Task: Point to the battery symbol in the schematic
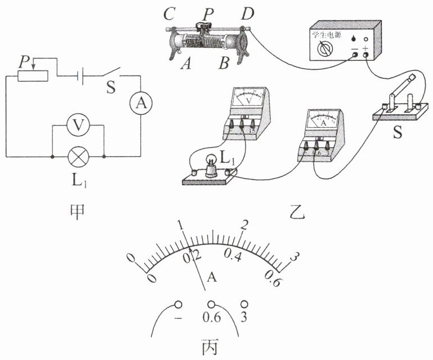pyautogui.click(x=81, y=76)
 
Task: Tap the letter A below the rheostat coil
pyautogui.click(x=184, y=65)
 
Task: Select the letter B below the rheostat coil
pyautogui.click(x=224, y=65)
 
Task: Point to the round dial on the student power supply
pyautogui.click(x=324, y=51)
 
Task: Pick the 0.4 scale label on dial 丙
pyautogui.click(x=233, y=256)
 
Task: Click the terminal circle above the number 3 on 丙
pyautogui.click(x=244, y=303)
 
